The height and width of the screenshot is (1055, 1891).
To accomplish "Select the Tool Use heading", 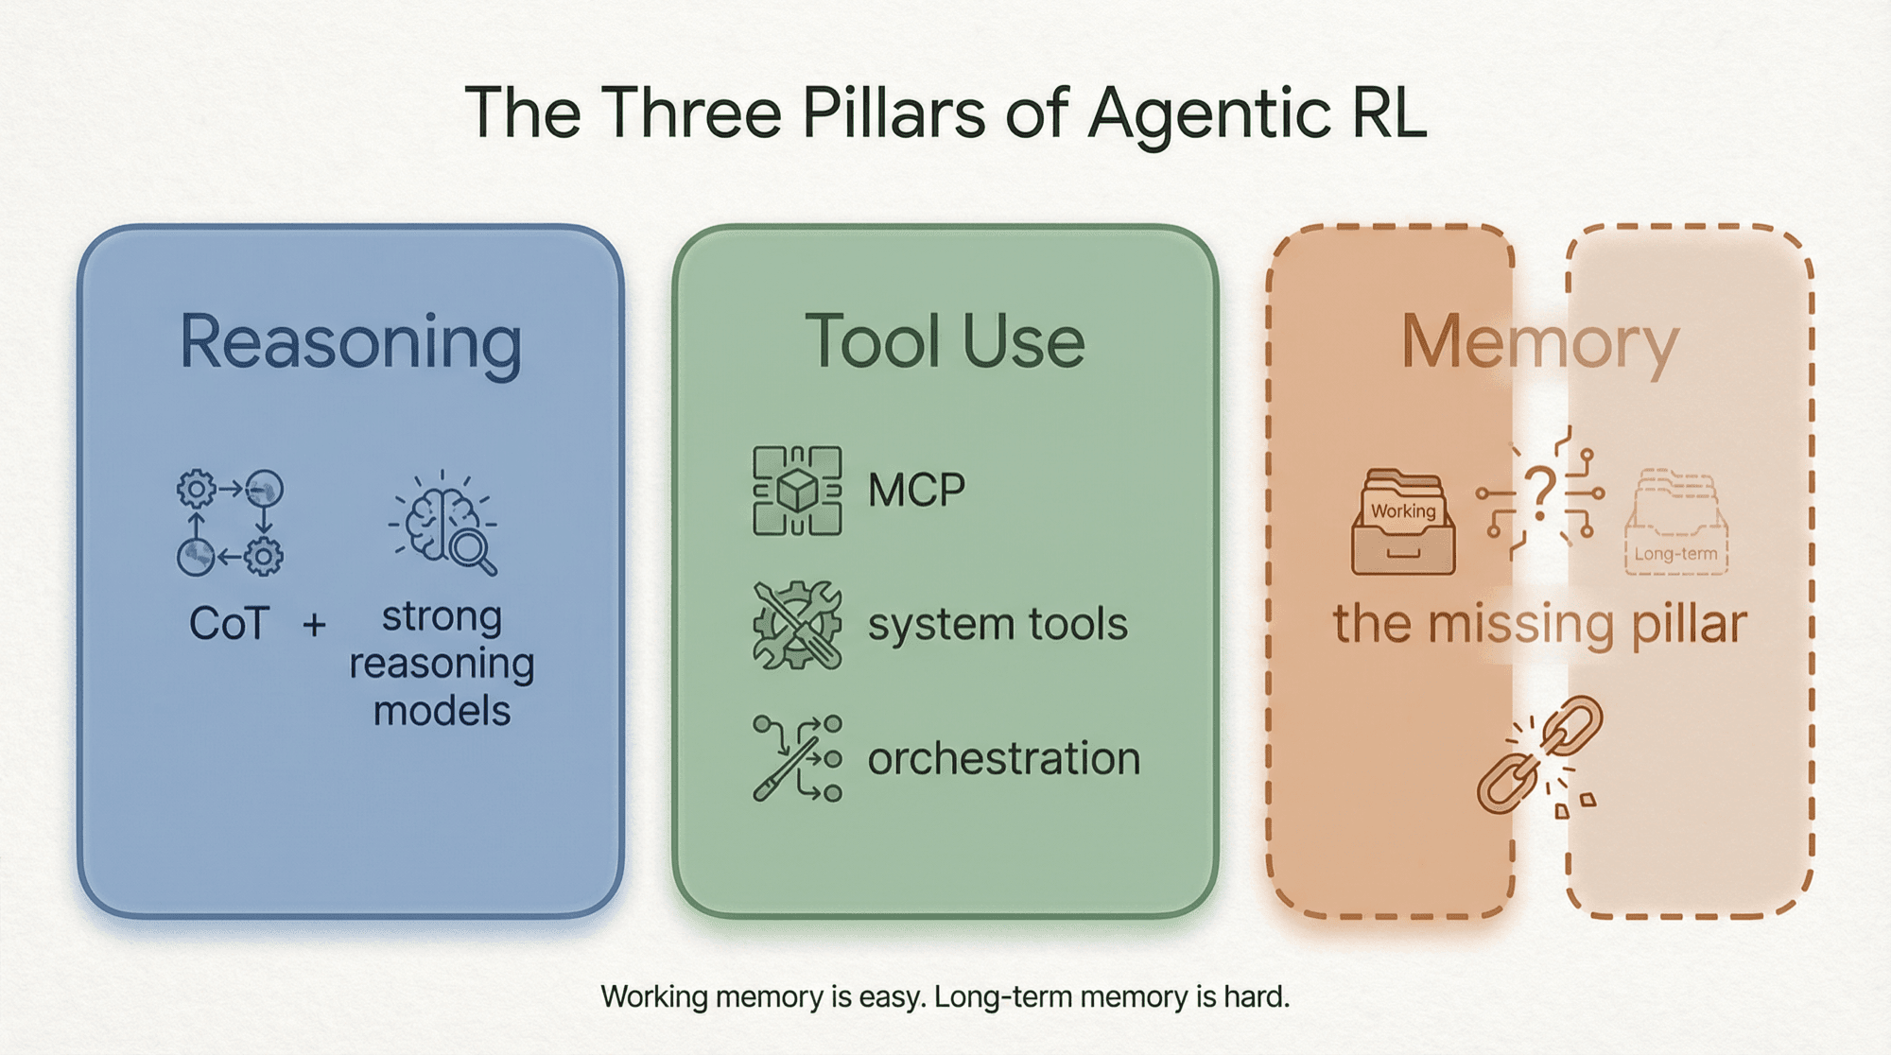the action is [x=945, y=341].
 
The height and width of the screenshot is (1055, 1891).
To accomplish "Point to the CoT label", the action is [x=229, y=623].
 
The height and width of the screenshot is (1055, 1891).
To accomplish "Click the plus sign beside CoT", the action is [x=314, y=625].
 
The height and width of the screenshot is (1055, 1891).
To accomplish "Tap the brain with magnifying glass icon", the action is [x=443, y=523].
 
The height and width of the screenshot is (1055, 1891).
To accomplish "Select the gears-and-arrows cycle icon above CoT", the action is [x=230, y=523].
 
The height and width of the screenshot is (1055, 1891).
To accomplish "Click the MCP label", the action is [x=916, y=491].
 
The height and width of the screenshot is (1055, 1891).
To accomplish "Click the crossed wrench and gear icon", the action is [x=797, y=626].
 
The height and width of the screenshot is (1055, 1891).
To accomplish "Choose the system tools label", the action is [x=998, y=625].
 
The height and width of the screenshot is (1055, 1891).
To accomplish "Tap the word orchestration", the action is [x=1004, y=758].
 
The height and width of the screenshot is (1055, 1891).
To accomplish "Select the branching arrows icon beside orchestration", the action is [x=797, y=758].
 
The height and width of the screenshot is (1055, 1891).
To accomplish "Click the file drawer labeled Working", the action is [x=1403, y=522].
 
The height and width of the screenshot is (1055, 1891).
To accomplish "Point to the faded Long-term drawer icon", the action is [x=1676, y=522].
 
